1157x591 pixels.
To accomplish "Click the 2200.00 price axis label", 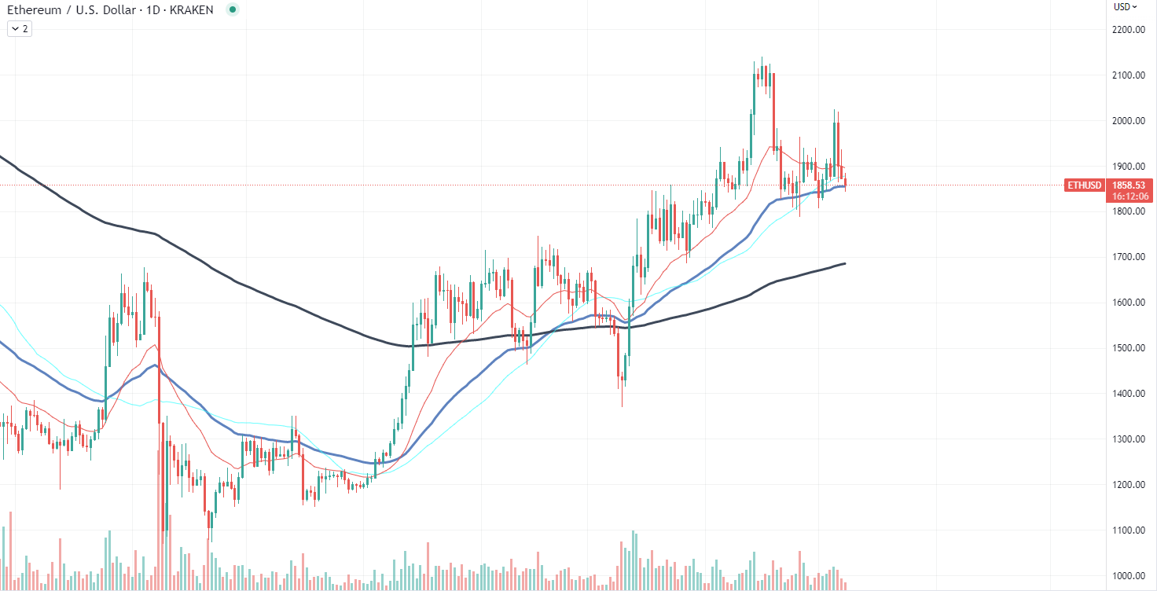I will (1127, 30).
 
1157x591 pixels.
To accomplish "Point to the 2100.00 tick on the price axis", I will (1127, 75).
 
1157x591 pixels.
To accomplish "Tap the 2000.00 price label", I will (1127, 121).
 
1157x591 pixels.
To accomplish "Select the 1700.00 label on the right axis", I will (1127, 257).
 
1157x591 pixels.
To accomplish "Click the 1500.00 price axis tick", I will (1127, 348).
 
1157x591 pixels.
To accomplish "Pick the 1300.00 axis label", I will (1127, 439).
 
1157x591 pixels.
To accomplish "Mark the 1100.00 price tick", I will (1127, 530).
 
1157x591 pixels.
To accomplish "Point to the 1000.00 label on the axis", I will (1127, 575).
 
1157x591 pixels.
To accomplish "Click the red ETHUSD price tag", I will (1083, 185).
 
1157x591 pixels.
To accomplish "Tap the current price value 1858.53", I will (1126, 185).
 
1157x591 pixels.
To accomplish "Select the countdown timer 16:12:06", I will (1126, 196).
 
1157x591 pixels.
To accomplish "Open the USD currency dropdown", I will (1125, 7).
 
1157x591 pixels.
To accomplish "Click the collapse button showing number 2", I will (20, 29).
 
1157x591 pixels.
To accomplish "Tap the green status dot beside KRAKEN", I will (232, 10).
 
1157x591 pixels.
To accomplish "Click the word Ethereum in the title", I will (32, 10).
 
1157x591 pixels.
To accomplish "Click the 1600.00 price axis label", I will (1127, 303).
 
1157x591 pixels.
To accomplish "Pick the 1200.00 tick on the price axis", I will (1127, 485).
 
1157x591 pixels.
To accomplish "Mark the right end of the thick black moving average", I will (845, 263).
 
